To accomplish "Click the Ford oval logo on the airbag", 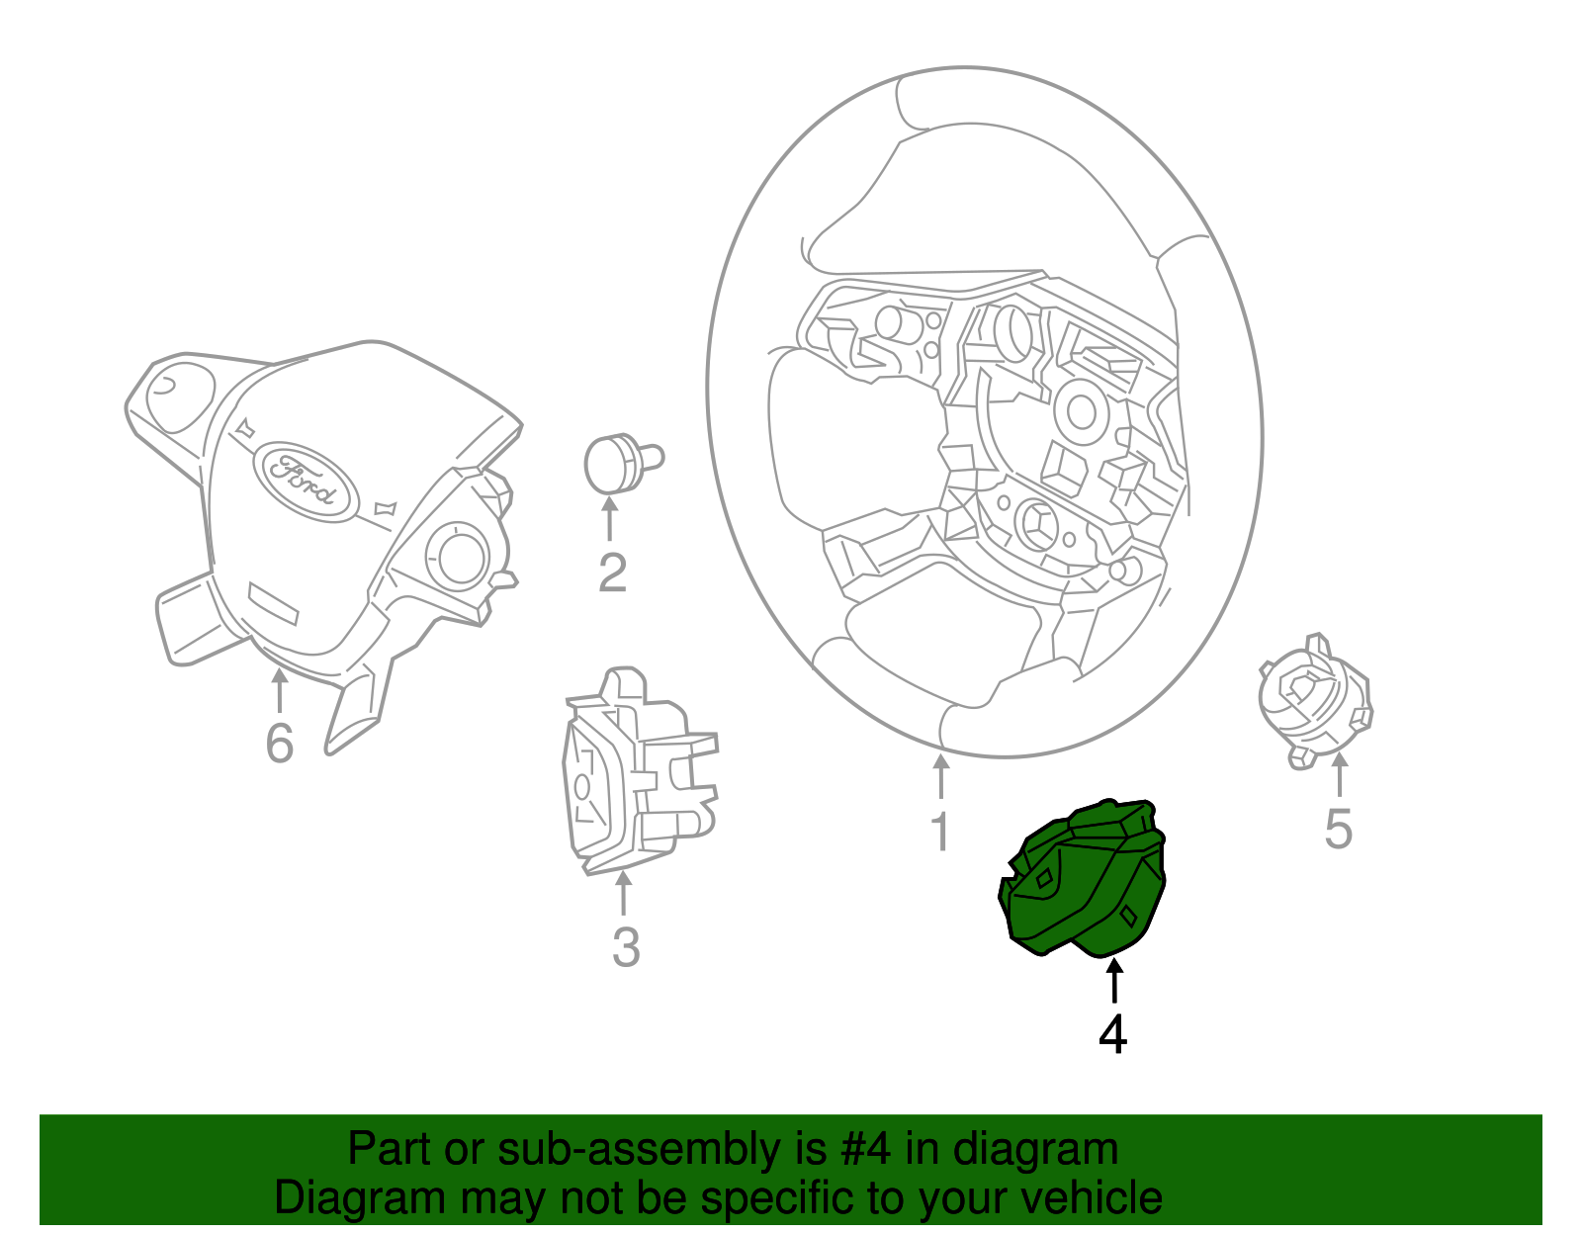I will click(305, 481).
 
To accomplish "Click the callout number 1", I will click(940, 832).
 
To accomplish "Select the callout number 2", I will click(612, 573).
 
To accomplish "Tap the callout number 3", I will click(625, 947).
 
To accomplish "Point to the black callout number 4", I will click(1113, 1034).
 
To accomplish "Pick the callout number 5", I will click(1338, 829).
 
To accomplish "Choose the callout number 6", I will click(280, 744).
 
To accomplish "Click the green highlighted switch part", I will click(1083, 880).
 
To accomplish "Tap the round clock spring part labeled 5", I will click(1313, 698).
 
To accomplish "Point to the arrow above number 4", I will click(1114, 980).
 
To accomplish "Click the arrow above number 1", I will click(940, 776).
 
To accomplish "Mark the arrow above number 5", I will click(1340, 774).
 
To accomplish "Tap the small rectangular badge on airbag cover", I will click(273, 602).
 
